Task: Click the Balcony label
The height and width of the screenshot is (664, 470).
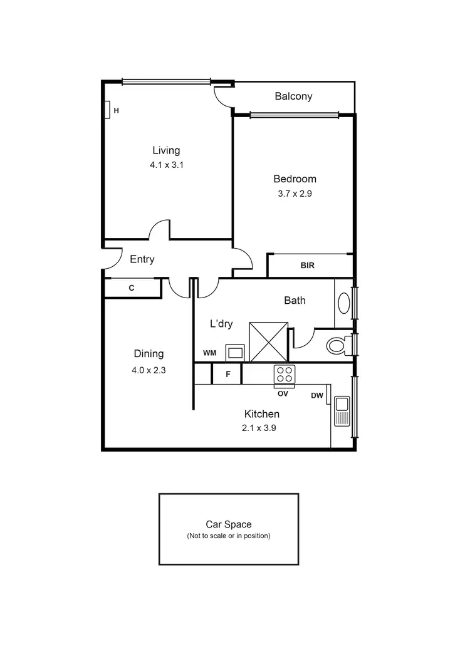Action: coord(293,96)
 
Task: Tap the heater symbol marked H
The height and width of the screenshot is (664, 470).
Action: coord(108,110)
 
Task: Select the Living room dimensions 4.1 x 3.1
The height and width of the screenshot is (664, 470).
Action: coord(166,165)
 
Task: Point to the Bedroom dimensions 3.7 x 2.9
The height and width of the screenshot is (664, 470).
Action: coord(295,194)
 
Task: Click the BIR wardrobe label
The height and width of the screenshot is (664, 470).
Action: coord(307,266)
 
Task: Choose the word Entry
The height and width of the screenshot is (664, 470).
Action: coord(142,259)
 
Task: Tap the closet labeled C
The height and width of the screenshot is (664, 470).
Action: coord(132,288)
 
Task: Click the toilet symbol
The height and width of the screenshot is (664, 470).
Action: coord(338,345)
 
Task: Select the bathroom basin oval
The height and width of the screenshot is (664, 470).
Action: coord(344,303)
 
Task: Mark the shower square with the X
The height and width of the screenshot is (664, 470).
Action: coord(268,341)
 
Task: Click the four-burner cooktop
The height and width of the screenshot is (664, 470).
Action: coord(284,375)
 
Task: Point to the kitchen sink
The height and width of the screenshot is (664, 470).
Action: coord(342,411)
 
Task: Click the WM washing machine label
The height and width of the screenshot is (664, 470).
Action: coord(209,353)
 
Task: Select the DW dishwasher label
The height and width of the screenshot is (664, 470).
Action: coord(317,395)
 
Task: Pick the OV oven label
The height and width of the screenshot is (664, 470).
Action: coord(283,393)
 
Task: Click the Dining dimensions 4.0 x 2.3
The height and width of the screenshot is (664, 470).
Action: coord(149,370)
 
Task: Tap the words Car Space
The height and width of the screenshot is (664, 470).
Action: coord(229,525)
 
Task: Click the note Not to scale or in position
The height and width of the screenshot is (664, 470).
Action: coord(229,536)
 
